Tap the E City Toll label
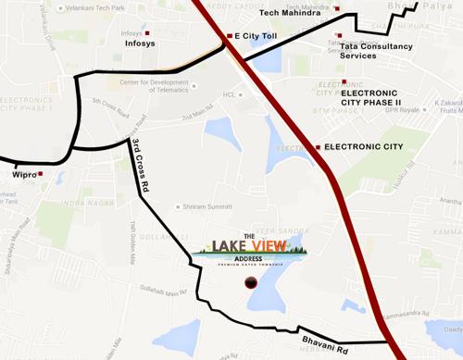(x=260, y=36)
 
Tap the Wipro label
(x=24, y=173)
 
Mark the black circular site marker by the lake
(x=248, y=283)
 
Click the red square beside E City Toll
(x=229, y=36)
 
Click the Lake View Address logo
(x=254, y=249)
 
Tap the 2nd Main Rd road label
(x=198, y=116)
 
